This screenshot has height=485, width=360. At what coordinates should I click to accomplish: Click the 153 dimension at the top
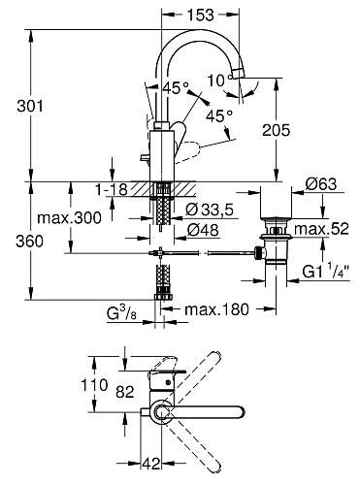(x=201, y=15)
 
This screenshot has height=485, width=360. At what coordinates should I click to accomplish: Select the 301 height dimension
(x=30, y=106)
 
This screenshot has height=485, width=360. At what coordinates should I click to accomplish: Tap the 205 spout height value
(x=277, y=130)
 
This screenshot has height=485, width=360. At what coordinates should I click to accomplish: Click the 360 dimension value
(x=29, y=242)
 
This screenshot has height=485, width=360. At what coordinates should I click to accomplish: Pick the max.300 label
(x=69, y=218)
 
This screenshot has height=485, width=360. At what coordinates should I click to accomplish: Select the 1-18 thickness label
(x=112, y=189)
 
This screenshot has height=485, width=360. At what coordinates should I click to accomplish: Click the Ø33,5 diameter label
(x=210, y=210)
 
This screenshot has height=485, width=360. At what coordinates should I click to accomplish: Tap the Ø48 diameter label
(x=203, y=230)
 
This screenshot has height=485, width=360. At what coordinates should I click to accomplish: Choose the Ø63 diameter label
(x=321, y=184)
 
